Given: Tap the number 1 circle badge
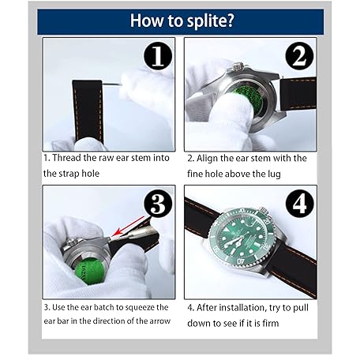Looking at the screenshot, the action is [158, 56].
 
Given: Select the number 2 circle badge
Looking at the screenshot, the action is [300, 56].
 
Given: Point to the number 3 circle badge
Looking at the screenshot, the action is [158, 204].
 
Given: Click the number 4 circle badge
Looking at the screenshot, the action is [300, 204].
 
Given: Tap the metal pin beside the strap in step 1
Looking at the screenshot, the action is [111, 84].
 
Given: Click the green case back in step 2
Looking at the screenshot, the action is [248, 99].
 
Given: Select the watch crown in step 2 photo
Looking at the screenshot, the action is [238, 67].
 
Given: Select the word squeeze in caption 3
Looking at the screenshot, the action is [141, 308].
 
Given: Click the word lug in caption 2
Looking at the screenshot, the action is [275, 174].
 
